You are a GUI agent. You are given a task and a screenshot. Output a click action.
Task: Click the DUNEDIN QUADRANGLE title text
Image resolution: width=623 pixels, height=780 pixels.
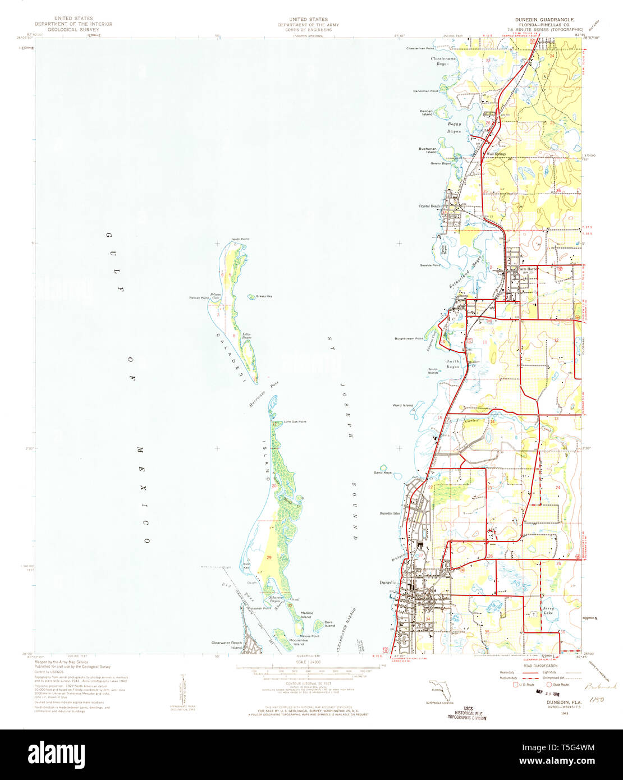[540, 19]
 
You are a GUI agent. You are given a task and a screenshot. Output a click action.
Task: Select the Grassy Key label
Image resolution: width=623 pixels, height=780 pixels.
[264, 296]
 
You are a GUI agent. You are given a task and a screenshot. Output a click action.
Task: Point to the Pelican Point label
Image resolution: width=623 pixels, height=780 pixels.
[199, 297]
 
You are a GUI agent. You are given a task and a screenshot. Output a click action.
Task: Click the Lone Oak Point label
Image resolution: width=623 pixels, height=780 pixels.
[295, 421]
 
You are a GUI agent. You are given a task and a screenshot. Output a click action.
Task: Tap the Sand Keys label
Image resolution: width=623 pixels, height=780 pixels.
[383, 473]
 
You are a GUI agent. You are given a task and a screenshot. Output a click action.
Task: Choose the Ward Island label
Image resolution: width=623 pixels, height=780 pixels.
[402, 405]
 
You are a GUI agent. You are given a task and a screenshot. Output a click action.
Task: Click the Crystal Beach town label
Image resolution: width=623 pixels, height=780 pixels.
[429, 206]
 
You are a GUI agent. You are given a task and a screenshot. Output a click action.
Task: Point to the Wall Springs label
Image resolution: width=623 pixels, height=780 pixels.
[496, 154]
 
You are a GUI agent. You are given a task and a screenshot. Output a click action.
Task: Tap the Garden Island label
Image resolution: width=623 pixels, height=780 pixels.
[427, 113]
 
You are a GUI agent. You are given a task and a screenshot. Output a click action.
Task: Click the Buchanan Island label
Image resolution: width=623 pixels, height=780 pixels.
[427, 150]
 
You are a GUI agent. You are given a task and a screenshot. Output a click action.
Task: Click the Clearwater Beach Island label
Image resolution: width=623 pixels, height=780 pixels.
[227, 645]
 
